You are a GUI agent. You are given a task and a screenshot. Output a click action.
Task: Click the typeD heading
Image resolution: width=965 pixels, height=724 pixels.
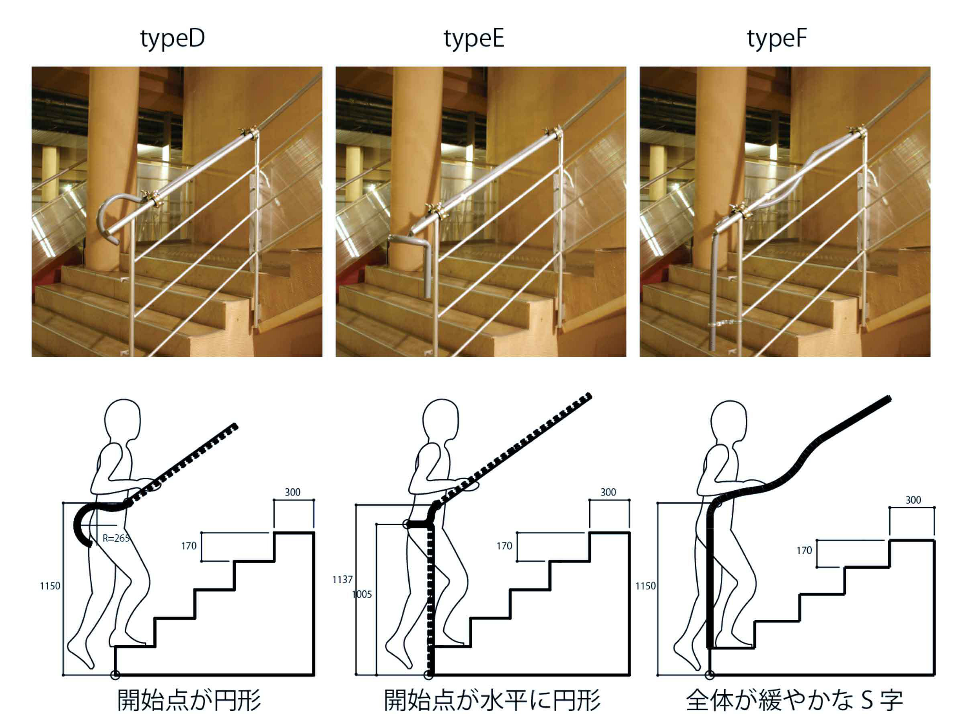(x=172, y=40)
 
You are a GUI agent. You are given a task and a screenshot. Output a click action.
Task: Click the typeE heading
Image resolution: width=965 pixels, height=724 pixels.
(x=474, y=40)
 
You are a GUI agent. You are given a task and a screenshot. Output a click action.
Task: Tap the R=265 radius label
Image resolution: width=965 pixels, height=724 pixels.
(x=116, y=538)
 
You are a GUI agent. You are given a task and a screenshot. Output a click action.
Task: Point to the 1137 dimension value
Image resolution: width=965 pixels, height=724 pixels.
(x=342, y=580)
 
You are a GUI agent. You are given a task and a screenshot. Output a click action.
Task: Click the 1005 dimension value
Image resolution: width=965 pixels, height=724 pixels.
(x=362, y=594)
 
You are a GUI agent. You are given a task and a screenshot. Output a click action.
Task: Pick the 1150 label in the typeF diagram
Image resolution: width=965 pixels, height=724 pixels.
(x=646, y=586)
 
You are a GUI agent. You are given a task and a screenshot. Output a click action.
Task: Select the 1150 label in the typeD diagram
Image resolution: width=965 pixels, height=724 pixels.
(x=50, y=586)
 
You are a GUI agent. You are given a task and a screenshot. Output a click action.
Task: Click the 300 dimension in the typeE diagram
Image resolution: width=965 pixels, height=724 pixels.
(x=608, y=492)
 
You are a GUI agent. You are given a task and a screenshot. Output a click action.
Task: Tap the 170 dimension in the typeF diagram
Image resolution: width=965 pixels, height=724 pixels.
(x=805, y=550)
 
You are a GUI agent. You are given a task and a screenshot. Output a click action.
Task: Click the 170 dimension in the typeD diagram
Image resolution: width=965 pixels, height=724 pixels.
(x=189, y=546)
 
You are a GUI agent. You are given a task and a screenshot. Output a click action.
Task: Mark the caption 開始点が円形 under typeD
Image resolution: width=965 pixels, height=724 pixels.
(x=189, y=700)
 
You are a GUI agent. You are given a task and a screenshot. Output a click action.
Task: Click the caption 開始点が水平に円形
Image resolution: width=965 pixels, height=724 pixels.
(x=492, y=700)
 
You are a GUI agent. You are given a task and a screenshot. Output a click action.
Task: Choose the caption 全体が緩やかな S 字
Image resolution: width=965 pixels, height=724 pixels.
(x=794, y=700)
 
